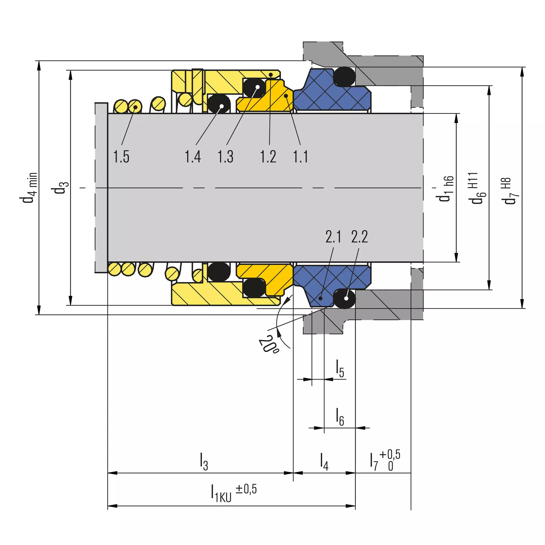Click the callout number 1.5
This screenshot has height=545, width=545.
pos(121,157)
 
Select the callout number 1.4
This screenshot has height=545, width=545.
pos(193,157)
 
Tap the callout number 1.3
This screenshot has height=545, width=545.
pos(226,157)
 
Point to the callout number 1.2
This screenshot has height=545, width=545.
pos(268,157)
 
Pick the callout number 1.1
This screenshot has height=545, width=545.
pos(301,157)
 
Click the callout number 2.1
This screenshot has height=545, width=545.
pos(333,237)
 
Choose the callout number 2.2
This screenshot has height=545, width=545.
pos(360,237)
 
